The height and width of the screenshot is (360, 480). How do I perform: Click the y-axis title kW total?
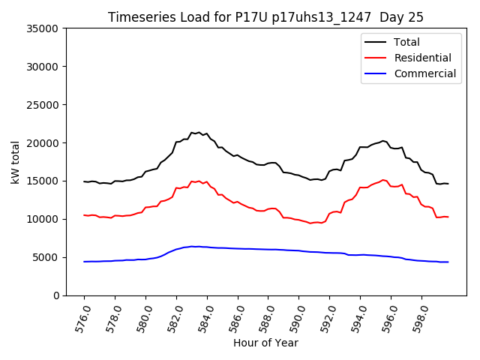[15, 162]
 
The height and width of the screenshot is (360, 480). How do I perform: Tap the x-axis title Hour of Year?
[265, 343]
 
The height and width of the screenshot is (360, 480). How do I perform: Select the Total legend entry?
[406, 42]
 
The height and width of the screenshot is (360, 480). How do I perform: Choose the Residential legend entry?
[422, 58]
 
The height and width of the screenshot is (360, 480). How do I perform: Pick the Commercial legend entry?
[424, 73]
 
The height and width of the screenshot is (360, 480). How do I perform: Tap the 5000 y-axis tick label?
[46, 257]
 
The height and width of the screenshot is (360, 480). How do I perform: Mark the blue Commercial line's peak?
[193, 246]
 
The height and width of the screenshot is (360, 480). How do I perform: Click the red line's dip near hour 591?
[311, 223]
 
